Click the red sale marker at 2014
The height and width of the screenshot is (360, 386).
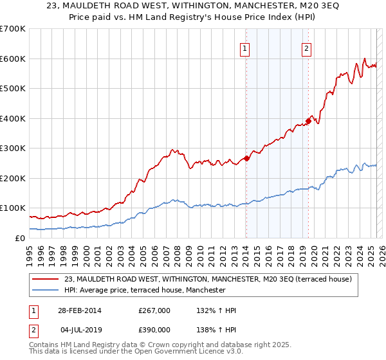tap(247, 158)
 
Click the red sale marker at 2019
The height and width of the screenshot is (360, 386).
tap(308, 120)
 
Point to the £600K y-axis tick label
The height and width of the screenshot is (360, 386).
tap(13, 59)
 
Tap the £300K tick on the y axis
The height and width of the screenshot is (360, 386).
tap(13, 148)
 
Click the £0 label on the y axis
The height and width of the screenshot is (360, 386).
tap(21, 238)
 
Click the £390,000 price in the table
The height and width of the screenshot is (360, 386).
tap(154, 330)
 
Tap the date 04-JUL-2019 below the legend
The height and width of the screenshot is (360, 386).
tap(77, 330)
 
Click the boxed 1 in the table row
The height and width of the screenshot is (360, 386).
tap(32, 310)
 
